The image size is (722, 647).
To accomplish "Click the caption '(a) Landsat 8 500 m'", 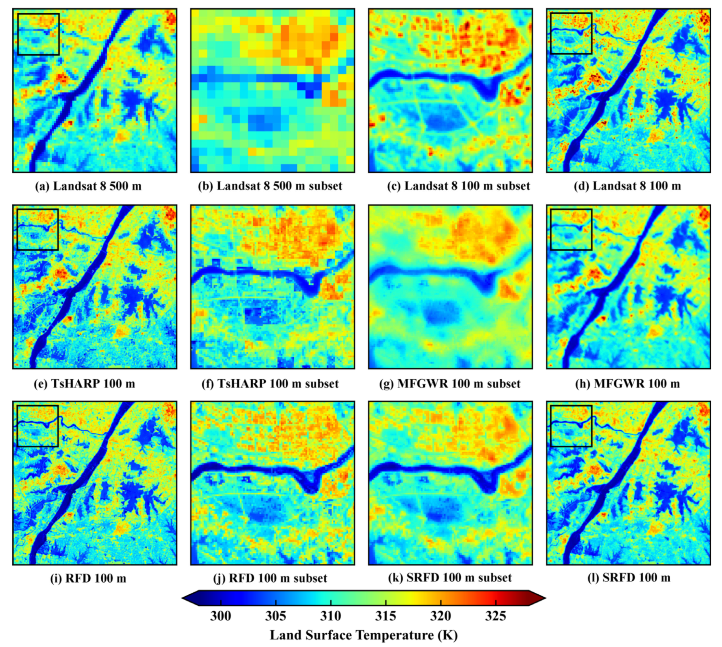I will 88,186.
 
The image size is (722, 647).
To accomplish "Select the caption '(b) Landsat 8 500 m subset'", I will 270,186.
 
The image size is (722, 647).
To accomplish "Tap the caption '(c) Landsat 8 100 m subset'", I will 458,186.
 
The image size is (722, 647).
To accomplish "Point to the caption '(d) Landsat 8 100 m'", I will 628,186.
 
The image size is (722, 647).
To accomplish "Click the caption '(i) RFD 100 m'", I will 88,578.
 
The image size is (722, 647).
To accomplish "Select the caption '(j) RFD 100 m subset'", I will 270,578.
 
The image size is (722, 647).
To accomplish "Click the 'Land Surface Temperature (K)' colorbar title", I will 364,635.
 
